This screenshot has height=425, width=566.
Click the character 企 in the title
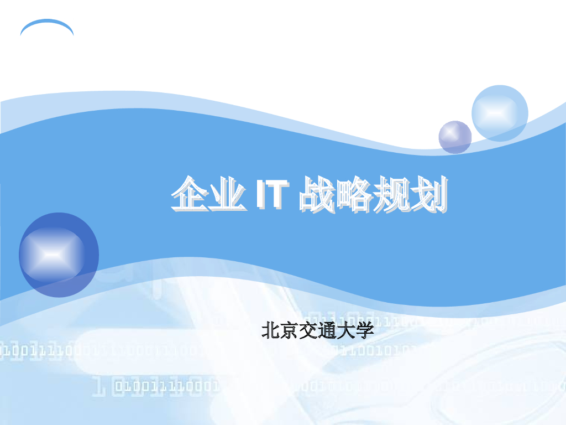(190, 194)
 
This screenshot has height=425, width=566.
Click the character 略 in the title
(354, 194)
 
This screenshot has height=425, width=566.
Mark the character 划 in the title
(428, 194)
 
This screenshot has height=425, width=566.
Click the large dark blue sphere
(59, 255)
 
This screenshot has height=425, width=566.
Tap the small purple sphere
(455, 137)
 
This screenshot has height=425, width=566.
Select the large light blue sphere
(500, 113)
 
